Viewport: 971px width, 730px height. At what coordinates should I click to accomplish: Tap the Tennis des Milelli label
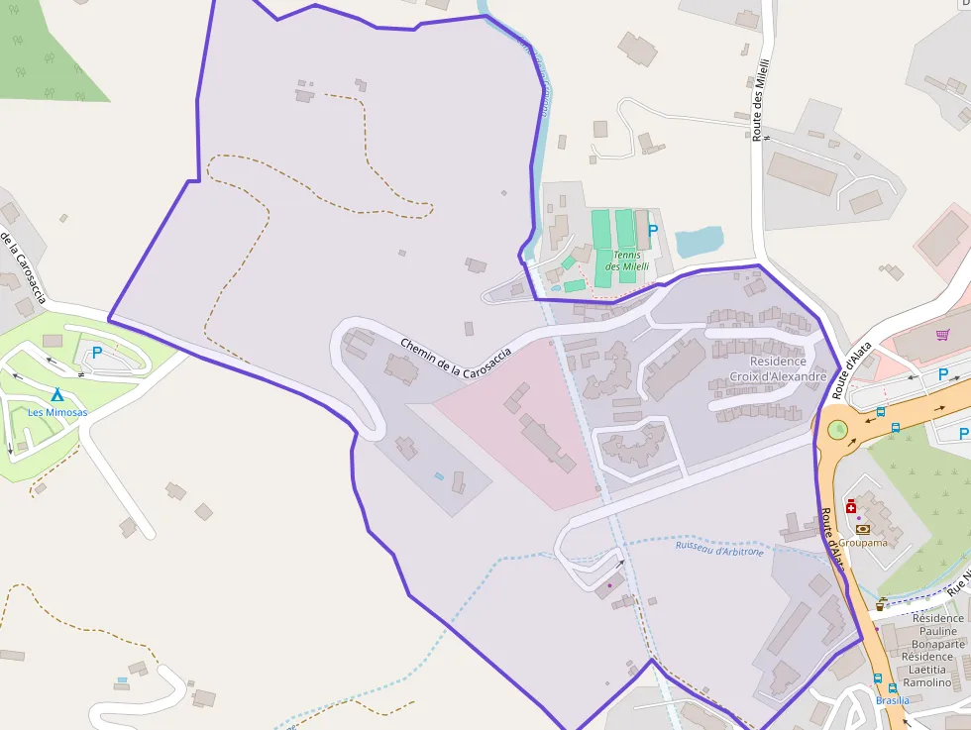click(627, 261)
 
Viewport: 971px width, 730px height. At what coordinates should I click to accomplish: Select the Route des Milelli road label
click(761, 99)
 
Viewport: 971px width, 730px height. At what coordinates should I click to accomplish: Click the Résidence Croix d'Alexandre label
click(778, 368)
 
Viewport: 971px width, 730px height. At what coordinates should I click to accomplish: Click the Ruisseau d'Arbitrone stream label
click(720, 548)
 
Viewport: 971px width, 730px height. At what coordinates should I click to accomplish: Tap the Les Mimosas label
click(57, 412)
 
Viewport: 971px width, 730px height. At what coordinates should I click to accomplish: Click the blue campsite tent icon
click(57, 394)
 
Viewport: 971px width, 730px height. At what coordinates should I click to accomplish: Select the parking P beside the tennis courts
click(652, 230)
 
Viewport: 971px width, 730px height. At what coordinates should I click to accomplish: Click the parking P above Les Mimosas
click(97, 352)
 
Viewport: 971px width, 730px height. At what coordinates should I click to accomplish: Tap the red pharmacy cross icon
click(851, 506)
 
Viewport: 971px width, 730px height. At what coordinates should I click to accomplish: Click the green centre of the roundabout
click(838, 430)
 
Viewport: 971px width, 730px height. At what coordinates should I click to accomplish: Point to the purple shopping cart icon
click(941, 334)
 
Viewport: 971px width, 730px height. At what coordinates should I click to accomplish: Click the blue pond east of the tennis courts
click(699, 242)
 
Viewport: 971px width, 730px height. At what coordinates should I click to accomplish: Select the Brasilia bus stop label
click(892, 700)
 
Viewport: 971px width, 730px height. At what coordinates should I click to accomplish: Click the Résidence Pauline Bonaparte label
click(938, 631)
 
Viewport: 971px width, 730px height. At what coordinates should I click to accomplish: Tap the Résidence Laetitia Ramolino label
click(926, 670)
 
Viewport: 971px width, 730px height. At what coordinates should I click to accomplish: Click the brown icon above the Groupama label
click(861, 529)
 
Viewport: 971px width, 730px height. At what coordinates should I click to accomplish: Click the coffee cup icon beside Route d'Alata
click(881, 603)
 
